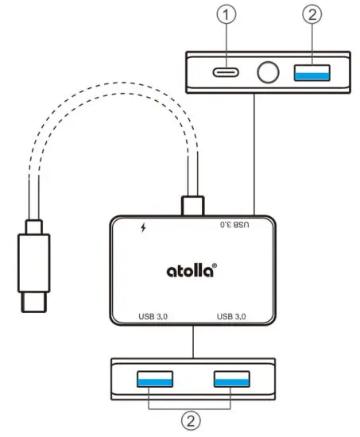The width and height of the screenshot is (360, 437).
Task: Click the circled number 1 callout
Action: click(229, 15)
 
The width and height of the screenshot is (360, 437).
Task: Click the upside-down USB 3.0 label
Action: click(234, 225)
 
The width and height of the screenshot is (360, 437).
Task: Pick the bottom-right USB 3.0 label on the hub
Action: click(235, 318)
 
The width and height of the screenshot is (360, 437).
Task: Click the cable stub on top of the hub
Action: click(192, 204)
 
